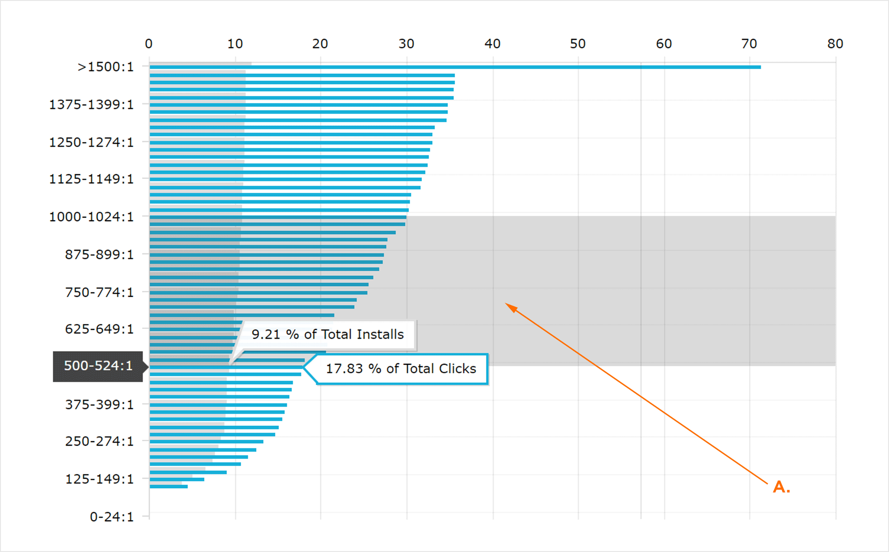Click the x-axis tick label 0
tap(148, 44)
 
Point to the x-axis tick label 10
tap(235, 44)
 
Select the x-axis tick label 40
tap(492, 44)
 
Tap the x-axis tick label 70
tap(749, 44)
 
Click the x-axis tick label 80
tap(835, 44)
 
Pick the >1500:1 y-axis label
tap(106, 67)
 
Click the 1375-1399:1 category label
tap(91, 105)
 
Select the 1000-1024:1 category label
tap(91, 217)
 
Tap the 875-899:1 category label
tap(100, 254)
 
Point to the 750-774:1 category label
tap(100, 292)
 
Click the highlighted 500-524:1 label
tap(98, 366)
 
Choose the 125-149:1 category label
tap(100, 479)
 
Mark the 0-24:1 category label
tap(112, 516)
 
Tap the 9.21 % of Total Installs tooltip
tap(327, 334)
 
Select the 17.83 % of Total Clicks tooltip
tap(401, 369)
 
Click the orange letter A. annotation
tap(781, 487)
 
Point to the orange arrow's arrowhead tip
tap(507, 304)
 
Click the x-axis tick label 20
tap(320, 44)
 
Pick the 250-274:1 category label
tap(100, 441)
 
